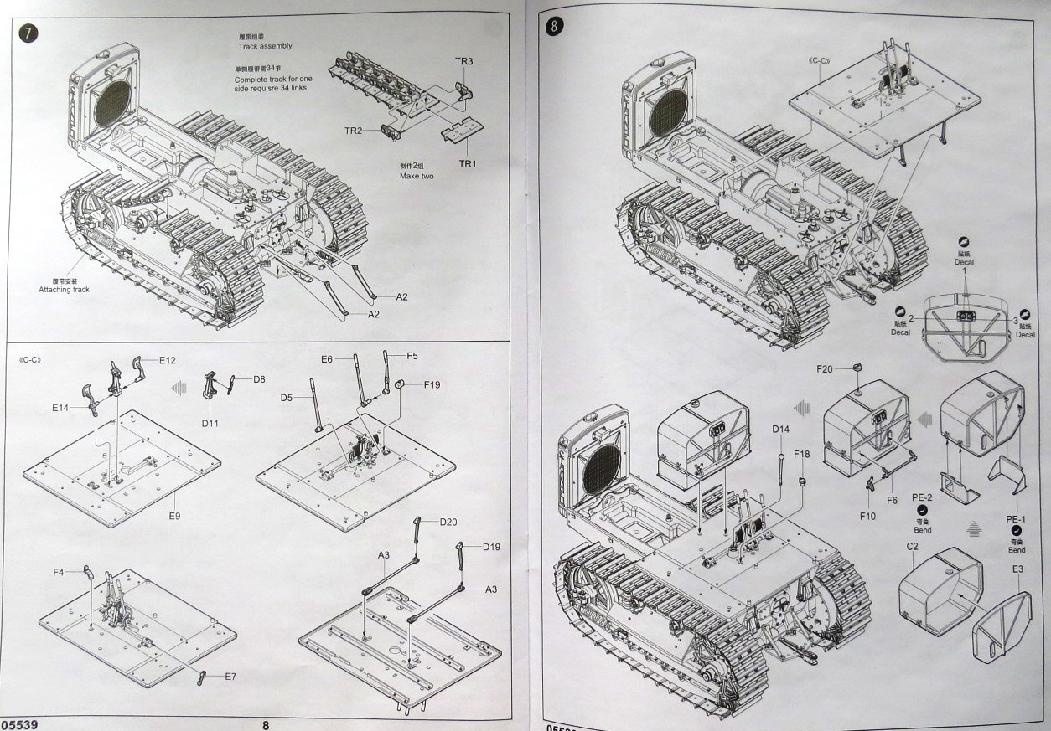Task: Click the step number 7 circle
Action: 28,33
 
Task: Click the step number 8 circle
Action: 554,26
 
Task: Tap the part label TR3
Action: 464,62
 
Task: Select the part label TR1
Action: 466,163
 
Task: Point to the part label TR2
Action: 353,131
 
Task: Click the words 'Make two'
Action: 417,177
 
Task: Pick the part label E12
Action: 167,360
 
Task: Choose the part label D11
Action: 210,423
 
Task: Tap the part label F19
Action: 432,384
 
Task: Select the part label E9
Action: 173,516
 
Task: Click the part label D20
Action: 448,522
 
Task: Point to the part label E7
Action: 230,676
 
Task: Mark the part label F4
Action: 59,572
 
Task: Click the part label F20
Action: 824,368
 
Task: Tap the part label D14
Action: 781,430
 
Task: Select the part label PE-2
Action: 923,497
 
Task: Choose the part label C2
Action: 913,547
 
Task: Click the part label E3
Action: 1017,569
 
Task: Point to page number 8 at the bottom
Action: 266,725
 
